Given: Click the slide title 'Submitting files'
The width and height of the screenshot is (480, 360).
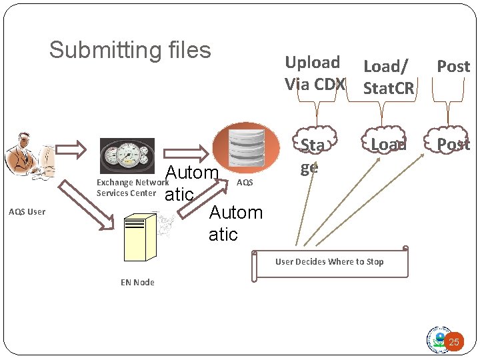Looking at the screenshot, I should pyautogui.click(x=130, y=50).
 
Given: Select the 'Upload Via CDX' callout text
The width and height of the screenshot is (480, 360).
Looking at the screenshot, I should pyautogui.click(x=314, y=73).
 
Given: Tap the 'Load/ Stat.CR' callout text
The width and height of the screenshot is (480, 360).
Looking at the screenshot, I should pyautogui.click(x=388, y=77).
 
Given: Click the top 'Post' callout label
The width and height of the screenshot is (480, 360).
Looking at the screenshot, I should pyautogui.click(x=453, y=67).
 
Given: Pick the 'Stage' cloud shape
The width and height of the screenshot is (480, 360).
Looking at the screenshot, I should pyautogui.click(x=312, y=155).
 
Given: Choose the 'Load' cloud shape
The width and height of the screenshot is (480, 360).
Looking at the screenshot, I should pyautogui.click(x=387, y=144).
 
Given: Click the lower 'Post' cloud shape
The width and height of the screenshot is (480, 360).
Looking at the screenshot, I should pyautogui.click(x=453, y=144).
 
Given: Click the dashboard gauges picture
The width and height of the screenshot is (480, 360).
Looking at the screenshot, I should pyautogui.click(x=127, y=156).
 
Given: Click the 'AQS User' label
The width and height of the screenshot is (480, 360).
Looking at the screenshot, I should pyautogui.click(x=27, y=212).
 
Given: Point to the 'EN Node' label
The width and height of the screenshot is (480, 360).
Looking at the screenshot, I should pyautogui.click(x=137, y=282).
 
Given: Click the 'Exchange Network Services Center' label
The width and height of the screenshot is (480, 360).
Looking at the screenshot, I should pyautogui.click(x=131, y=187).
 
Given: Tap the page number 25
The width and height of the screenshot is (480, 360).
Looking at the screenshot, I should pyautogui.click(x=454, y=343).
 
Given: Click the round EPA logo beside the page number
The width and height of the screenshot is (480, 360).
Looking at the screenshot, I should pyautogui.click(x=438, y=339).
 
